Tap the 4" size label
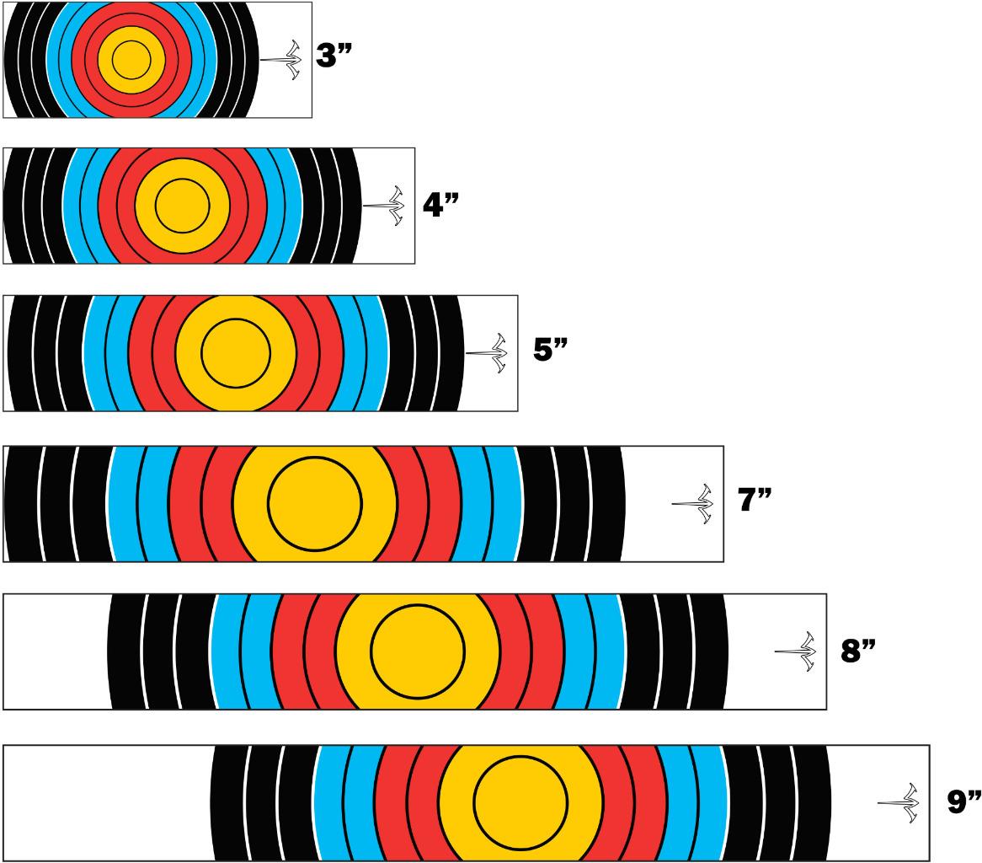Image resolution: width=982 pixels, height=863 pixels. pyautogui.click(x=439, y=203)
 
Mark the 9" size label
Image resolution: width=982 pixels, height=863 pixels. pyautogui.click(x=963, y=801)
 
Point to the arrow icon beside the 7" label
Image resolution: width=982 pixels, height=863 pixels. pyautogui.click(x=693, y=503)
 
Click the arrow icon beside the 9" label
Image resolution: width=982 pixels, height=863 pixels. pyautogui.click(x=899, y=802)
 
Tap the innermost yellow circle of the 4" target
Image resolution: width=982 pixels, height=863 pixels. pyautogui.click(x=182, y=204)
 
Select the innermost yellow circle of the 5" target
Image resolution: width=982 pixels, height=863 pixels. pyautogui.click(x=236, y=352)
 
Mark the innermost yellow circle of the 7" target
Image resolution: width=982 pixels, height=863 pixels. pyautogui.click(x=315, y=503)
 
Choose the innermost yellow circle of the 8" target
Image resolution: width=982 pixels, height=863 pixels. pyautogui.click(x=418, y=651)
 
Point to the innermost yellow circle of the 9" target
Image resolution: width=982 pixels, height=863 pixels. pyautogui.click(x=520, y=802)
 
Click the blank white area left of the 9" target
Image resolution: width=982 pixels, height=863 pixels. pyautogui.click(x=105, y=802)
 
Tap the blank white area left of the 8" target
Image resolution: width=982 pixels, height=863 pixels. pyautogui.click(x=55, y=651)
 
